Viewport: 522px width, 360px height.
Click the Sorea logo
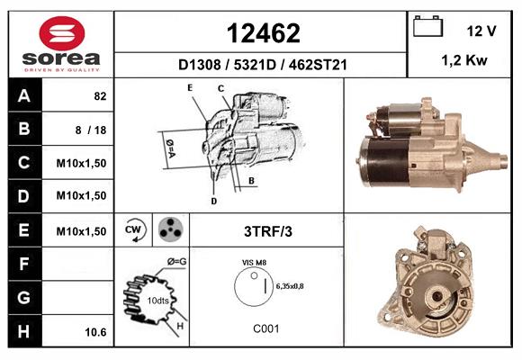tap(61, 45)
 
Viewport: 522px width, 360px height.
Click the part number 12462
tap(262, 33)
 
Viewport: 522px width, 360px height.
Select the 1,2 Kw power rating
tap(464, 61)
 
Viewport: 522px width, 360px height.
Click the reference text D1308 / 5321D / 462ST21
tap(262, 66)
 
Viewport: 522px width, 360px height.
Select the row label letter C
tap(23, 163)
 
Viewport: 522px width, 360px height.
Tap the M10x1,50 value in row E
tap(81, 231)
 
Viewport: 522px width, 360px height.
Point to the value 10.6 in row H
tap(95, 332)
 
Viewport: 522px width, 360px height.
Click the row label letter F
tap(23, 265)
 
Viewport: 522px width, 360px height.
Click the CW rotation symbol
tap(134, 229)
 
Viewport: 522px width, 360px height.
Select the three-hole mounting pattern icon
tap(169, 229)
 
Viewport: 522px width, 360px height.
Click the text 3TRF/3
tap(268, 231)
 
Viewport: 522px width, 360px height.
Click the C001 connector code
tap(265, 328)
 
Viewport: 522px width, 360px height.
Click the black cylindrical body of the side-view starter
tap(382, 163)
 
